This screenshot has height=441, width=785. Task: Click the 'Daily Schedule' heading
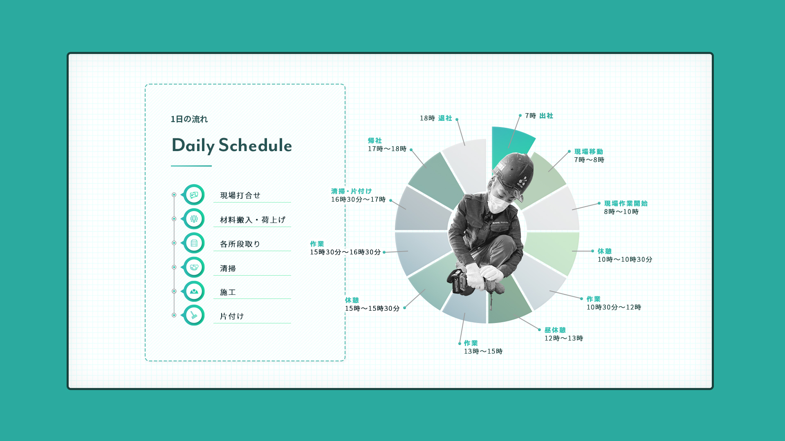point(231,146)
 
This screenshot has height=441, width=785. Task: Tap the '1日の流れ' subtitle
point(189,119)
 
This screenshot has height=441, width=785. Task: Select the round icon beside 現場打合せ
point(194,195)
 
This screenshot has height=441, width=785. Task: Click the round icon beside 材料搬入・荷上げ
point(194,219)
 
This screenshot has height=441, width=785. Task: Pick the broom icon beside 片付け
point(194,315)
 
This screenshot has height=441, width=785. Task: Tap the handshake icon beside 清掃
point(194,267)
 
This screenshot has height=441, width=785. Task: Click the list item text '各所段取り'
point(240,244)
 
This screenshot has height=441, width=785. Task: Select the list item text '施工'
point(228,292)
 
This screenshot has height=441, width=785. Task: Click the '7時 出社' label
point(539,116)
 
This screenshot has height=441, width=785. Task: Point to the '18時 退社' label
point(436,118)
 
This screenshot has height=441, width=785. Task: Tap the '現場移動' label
point(589,152)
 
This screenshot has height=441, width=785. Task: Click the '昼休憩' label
point(555,330)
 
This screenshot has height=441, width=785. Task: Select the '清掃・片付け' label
point(352,191)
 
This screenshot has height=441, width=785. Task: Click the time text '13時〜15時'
point(483,352)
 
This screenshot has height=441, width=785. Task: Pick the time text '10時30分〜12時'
point(614,307)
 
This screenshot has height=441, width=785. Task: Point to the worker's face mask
point(498,202)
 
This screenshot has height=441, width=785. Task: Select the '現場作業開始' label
point(626,204)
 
